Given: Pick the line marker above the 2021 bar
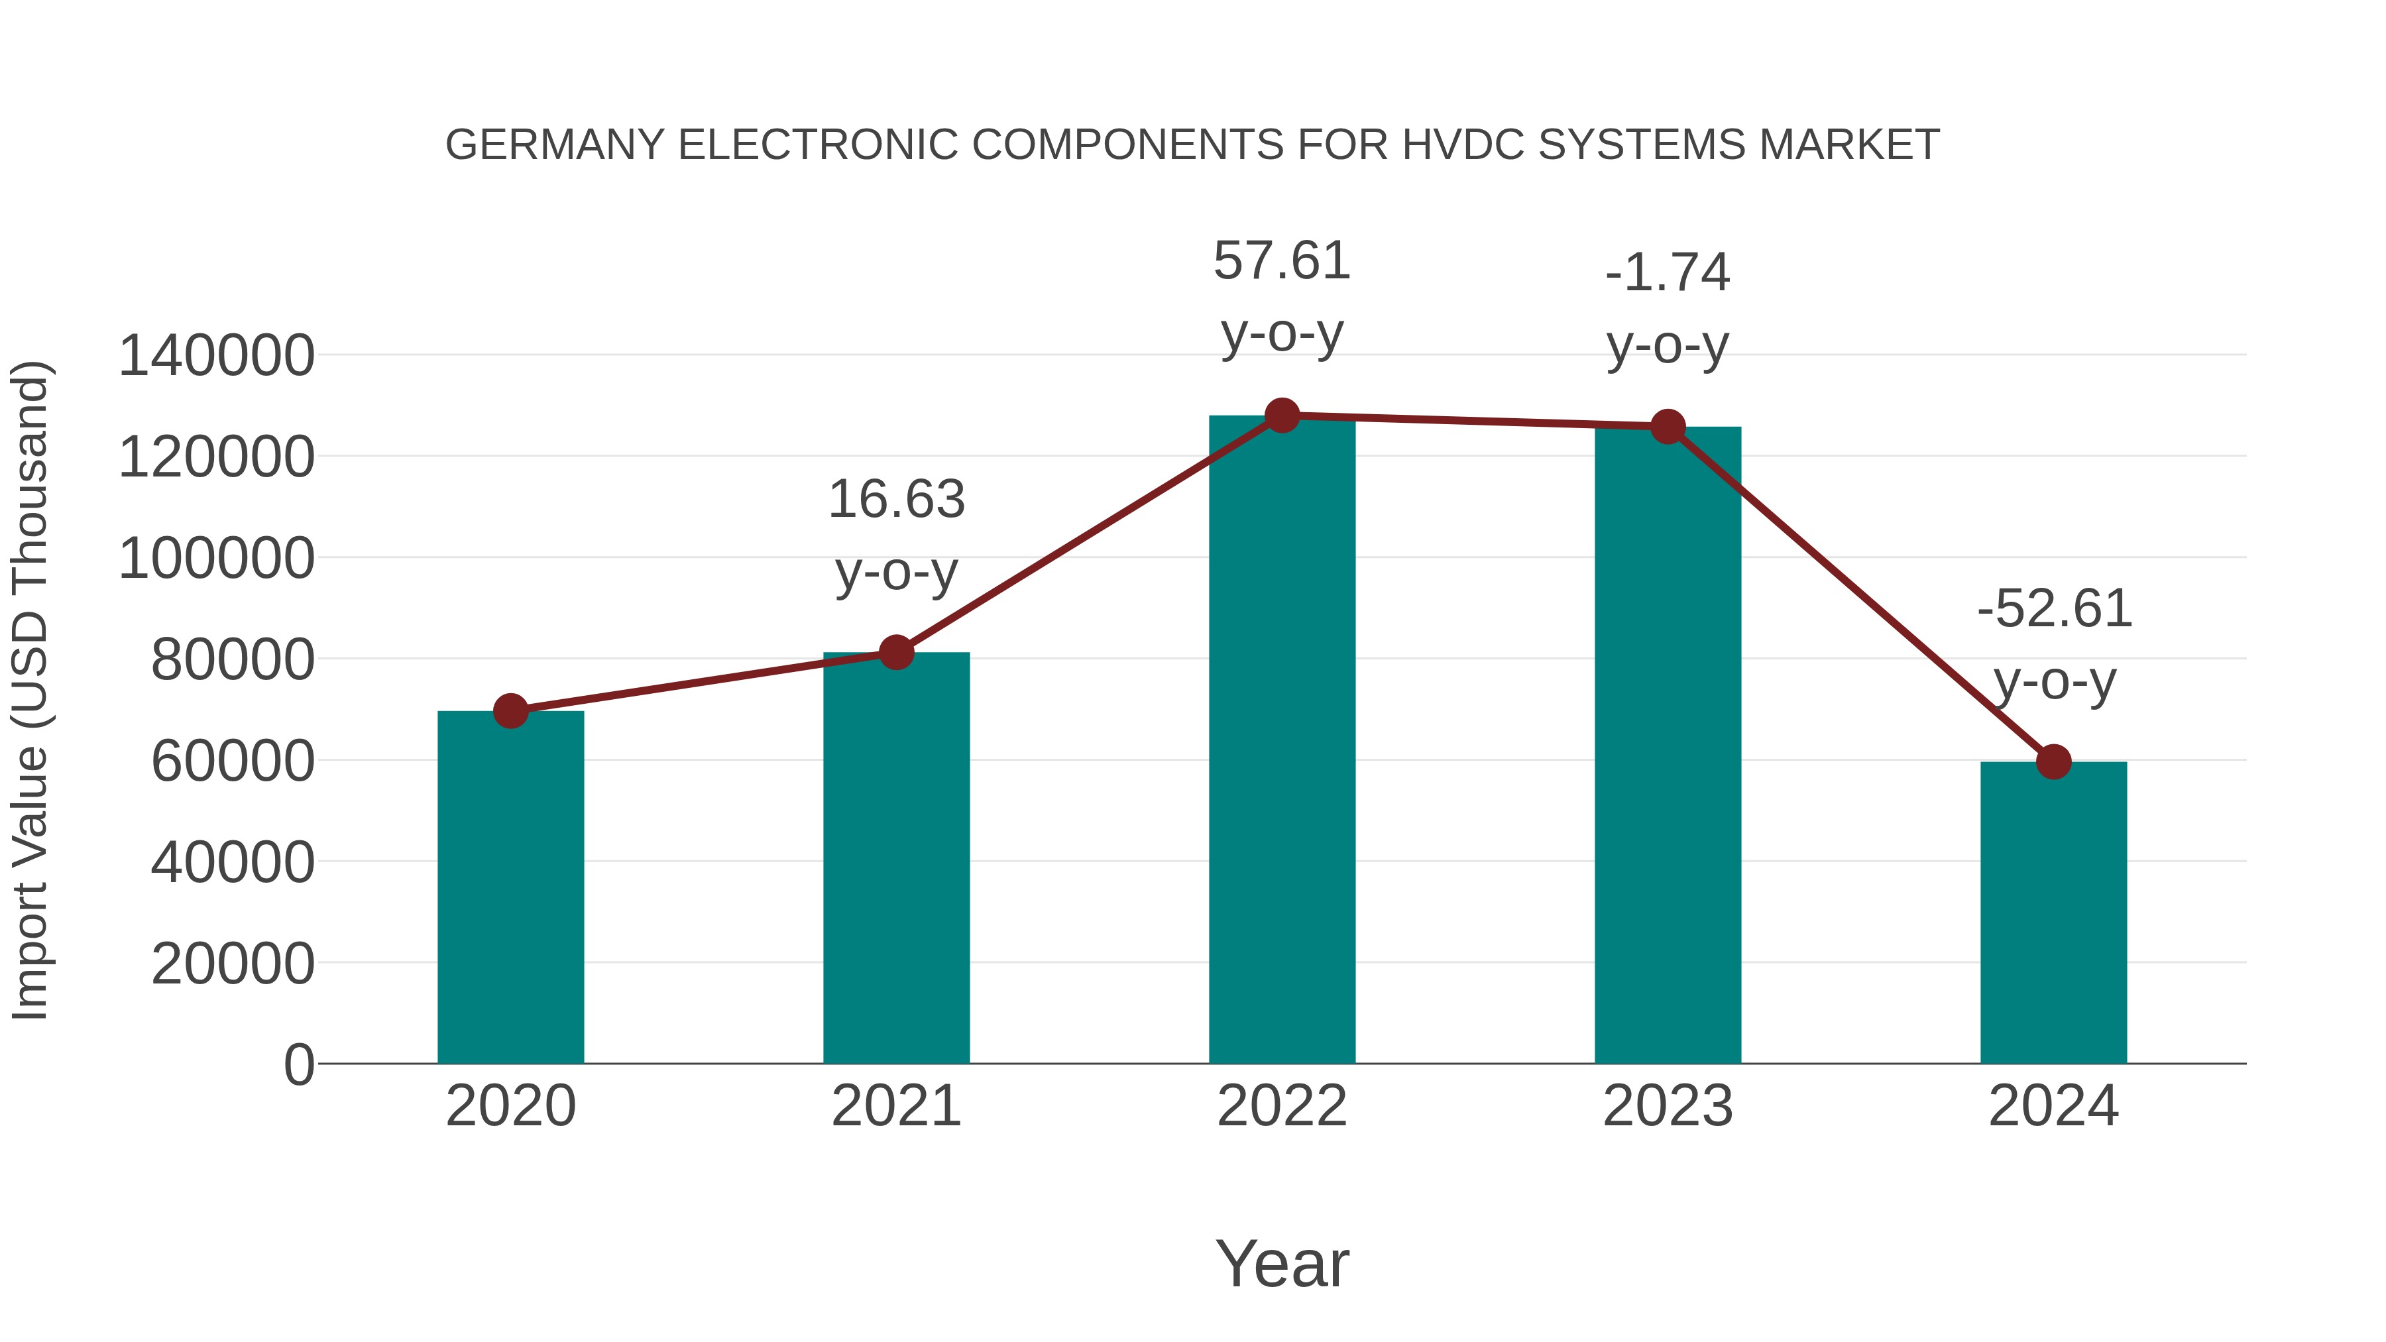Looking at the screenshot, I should (895, 653).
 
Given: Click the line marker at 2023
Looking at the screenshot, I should (1668, 427).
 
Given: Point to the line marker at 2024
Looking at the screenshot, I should (2053, 762).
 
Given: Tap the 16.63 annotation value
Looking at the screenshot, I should (895, 500).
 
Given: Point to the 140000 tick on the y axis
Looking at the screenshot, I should (216, 357).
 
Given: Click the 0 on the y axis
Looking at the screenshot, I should (299, 1065).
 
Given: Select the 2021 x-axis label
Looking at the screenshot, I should (895, 1107).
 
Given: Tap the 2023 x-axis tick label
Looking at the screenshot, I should (1668, 1107).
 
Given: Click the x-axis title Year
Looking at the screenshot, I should (1282, 1264).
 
